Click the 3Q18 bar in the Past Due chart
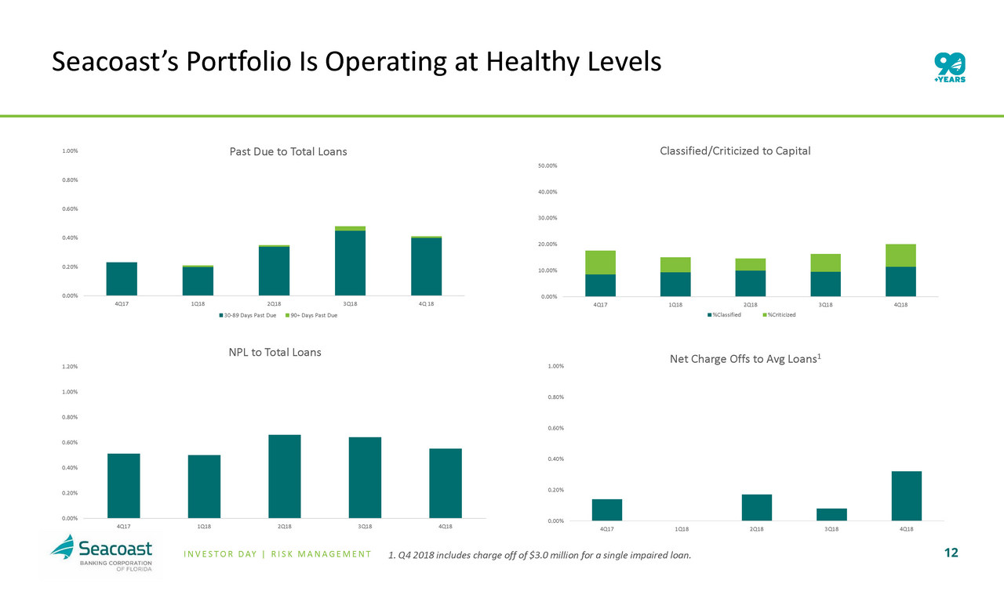tap(350, 262)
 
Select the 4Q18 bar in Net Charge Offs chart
tap(906, 495)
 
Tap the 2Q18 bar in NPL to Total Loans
tap(284, 476)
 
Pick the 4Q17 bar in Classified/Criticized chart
tap(600, 274)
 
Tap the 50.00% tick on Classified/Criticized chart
tap(547, 166)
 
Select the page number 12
tap(951, 553)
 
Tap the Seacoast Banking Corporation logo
tap(105, 554)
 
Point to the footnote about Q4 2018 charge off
tap(540, 556)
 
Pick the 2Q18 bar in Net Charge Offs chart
tap(757, 507)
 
